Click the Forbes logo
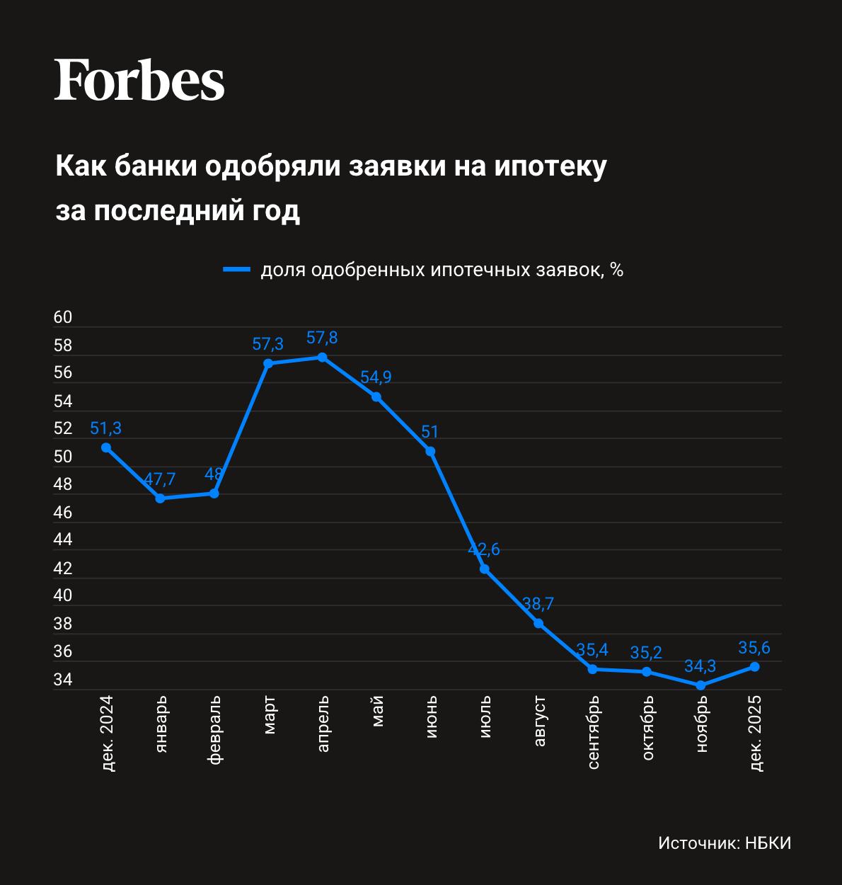click(139, 79)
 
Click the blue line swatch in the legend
click(237, 270)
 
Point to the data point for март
click(268, 363)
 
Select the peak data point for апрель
click(322, 357)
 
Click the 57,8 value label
click(322, 338)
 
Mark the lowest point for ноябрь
click(700, 685)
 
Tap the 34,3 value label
click(700, 666)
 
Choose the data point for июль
click(485, 569)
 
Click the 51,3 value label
click(106, 428)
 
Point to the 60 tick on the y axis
click(63, 318)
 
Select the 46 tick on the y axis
click(63, 513)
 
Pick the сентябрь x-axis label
click(594, 732)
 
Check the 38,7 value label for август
click(538, 605)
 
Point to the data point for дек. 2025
click(755, 666)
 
